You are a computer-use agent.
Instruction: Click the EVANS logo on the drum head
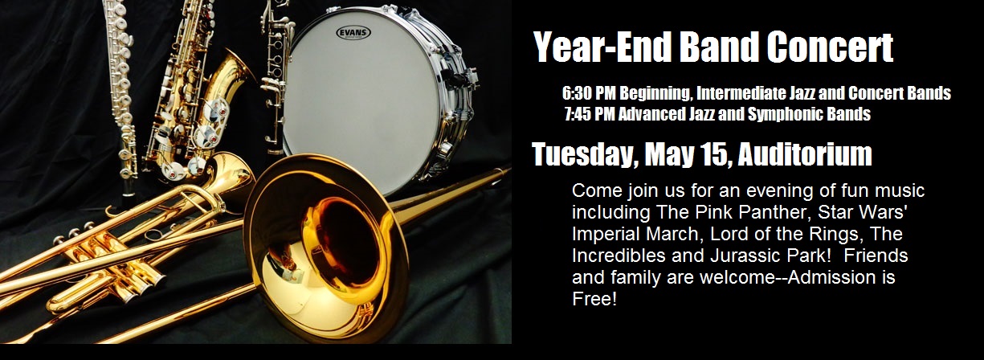point(353,32)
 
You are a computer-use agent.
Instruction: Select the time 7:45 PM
point(590,114)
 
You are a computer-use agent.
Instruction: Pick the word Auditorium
point(805,153)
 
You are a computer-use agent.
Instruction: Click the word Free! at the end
point(594,299)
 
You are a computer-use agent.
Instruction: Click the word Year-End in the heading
point(600,47)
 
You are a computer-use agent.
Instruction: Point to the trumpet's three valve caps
point(74,232)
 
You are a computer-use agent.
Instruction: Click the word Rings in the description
point(831,234)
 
